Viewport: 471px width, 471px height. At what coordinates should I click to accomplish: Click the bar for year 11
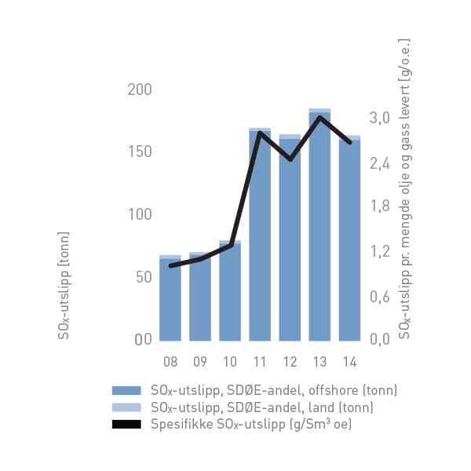coord(260,235)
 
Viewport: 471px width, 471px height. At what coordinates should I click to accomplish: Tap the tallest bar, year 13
coord(319,228)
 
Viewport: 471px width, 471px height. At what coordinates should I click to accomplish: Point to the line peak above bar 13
coord(319,118)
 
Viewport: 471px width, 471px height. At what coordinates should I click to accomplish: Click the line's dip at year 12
coord(290,159)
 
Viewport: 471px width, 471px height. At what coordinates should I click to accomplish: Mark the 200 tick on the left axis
coord(140,89)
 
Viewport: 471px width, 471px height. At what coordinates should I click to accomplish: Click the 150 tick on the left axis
coord(140,152)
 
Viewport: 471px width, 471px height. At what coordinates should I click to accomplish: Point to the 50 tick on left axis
coord(143,277)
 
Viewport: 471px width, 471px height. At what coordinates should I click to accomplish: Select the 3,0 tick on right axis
coord(381,119)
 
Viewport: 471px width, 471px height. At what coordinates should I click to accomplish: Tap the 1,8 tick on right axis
coord(381,207)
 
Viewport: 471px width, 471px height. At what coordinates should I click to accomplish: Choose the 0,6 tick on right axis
coord(381,296)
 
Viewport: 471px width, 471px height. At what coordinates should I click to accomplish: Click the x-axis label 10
coord(230,362)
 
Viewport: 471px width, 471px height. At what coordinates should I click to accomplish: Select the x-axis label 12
coord(290,362)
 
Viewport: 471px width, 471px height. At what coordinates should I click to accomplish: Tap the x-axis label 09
coord(200,362)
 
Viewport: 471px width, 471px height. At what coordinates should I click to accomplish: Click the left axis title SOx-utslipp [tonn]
coord(64,286)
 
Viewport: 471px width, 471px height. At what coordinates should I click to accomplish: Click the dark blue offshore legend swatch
coord(126,390)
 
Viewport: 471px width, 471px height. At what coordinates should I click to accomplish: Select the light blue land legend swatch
coord(126,407)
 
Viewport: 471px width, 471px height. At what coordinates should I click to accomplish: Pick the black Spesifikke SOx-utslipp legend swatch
coord(126,425)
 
